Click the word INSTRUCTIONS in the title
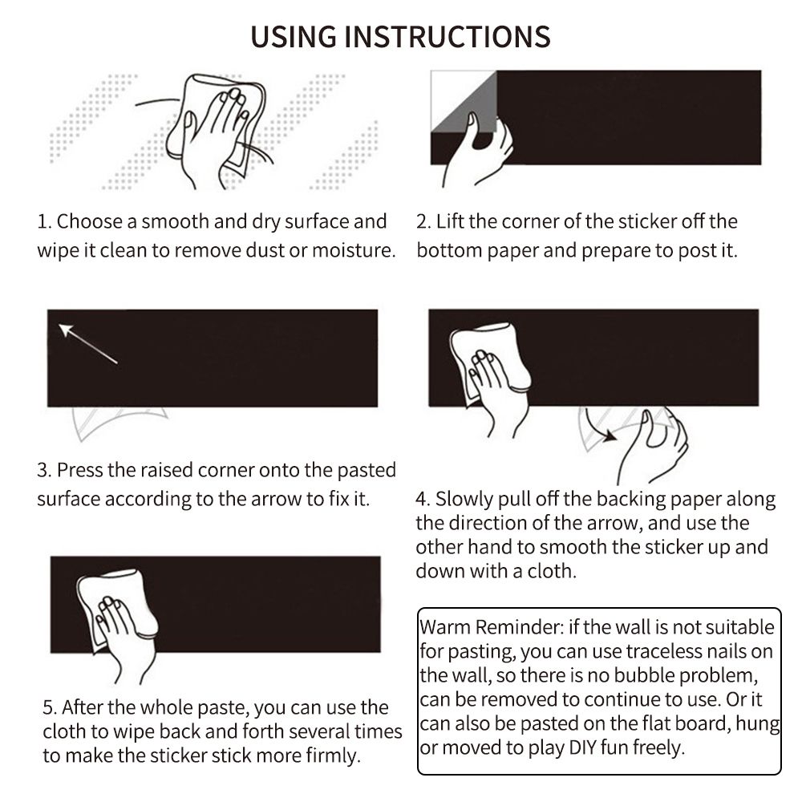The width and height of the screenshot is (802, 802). coord(448,37)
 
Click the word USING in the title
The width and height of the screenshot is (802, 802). coord(294,37)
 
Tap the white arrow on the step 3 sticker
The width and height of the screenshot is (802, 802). coord(87,344)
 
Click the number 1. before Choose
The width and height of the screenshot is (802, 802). coord(44,222)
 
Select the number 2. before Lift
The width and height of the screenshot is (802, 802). coord(424,222)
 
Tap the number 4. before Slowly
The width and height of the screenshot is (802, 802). coord(423,499)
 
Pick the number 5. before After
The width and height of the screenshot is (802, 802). coord(50,708)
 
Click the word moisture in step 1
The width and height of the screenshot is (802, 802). coord(354,250)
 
